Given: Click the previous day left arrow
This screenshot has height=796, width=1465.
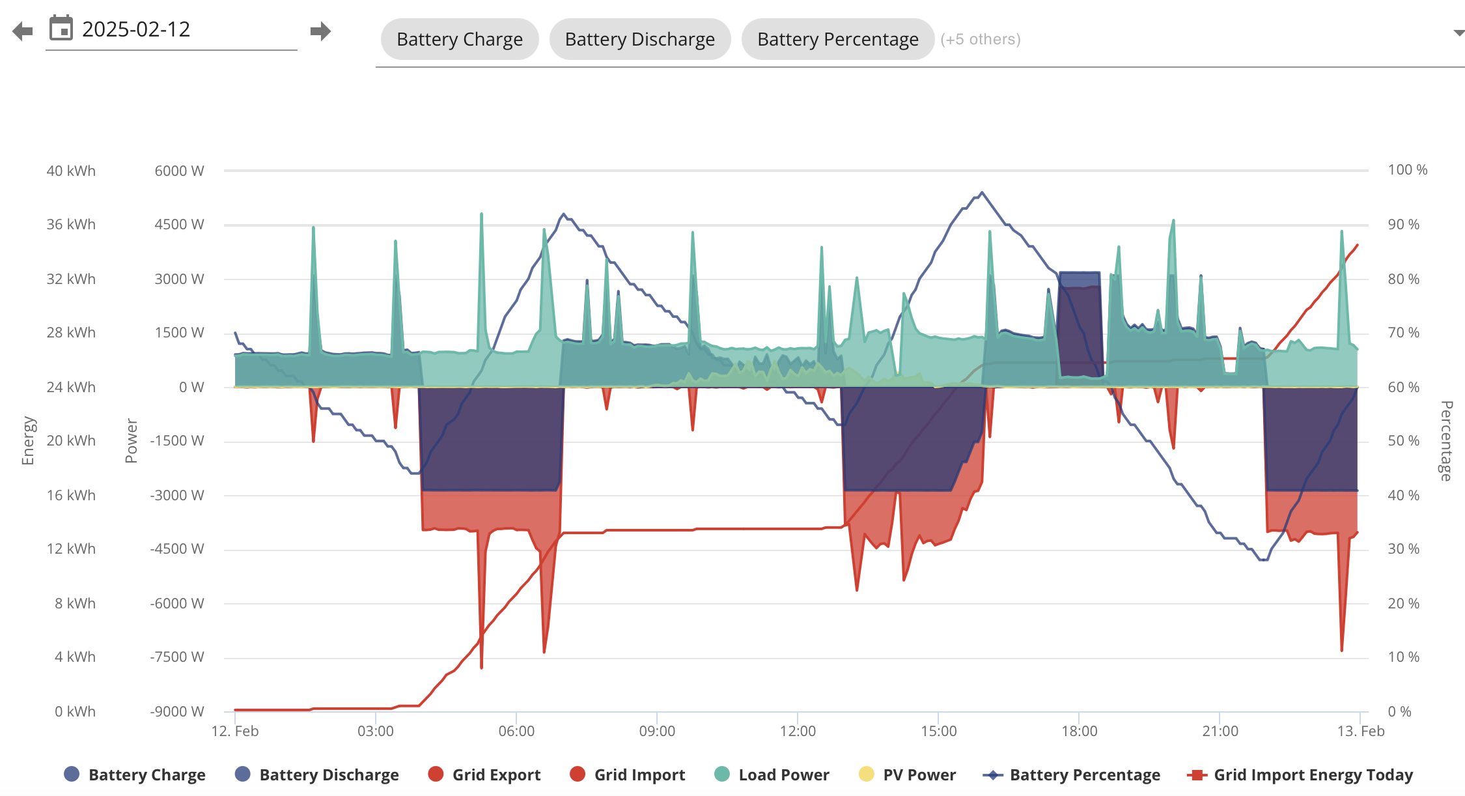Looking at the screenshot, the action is pyautogui.click(x=22, y=31).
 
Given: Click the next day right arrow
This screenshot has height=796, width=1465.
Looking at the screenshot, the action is pyautogui.click(x=320, y=31).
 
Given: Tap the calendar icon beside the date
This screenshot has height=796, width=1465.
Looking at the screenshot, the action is pyautogui.click(x=61, y=28).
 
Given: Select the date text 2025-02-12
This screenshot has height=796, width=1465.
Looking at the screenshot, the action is pyautogui.click(x=136, y=29).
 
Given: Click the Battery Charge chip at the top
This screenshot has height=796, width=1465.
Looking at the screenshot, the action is pyautogui.click(x=460, y=39).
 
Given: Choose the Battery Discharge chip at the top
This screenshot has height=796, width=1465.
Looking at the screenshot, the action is pyautogui.click(x=640, y=39).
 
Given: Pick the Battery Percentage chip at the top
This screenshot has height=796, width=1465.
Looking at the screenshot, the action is pyautogui.click(x=838, y=39).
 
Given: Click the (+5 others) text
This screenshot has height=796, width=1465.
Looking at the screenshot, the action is pyautogui.click(x=981, y=39).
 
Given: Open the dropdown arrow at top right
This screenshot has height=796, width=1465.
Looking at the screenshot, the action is pyautogui.click(x=1458, y=33).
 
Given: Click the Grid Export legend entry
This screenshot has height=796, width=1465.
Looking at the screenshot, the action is pyautogui.click(x=484, y=775).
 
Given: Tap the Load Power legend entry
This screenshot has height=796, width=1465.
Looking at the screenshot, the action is pyautogui.click(x=772, y=775).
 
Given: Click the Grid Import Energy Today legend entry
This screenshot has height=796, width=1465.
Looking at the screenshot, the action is pyautogui.click(x=1300, y=775).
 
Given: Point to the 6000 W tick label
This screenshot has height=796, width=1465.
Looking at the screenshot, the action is pyautogui.click(x=179, y=171).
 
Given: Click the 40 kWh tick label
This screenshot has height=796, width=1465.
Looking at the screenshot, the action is pyautogui.click(x=71, y=171).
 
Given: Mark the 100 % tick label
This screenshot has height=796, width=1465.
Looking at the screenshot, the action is pyautogui.click(x=1408, y=170).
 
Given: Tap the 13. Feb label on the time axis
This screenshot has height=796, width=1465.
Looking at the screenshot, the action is pyautogui.click(x=1361, y=731).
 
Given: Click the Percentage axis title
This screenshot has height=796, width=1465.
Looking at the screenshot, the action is pyautogui.click(x=1446, y=441).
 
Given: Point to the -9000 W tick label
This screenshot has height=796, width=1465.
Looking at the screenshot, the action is pyautogui.click(x=177, y=711).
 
